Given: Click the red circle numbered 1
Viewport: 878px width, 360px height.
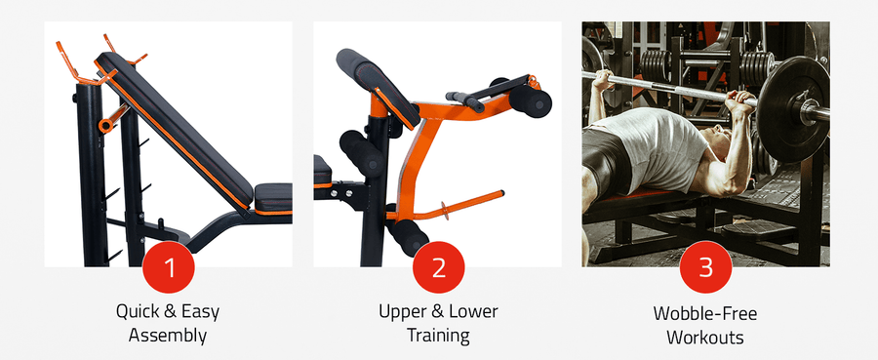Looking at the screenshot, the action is [x=169, y=267].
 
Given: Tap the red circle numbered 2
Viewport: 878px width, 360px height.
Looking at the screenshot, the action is [x=438, y=267].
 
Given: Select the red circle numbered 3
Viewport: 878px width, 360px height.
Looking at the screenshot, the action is [x=705, y=267].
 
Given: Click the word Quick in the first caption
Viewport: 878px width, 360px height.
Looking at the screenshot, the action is [x=135, y=311].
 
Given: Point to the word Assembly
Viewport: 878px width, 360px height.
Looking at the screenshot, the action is [x=168, y=336].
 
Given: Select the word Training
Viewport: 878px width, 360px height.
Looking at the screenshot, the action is [x=438, y=336].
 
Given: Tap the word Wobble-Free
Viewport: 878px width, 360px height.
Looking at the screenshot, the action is [x=705, y=313].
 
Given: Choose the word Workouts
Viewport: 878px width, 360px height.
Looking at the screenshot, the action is [x=705, y=337].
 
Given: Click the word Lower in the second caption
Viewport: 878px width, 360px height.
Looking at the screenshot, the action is [x=475, y=311].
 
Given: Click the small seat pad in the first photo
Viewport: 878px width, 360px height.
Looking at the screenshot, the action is [x=273, y=198].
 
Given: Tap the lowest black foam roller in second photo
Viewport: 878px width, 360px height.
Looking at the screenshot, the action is [x=408, y=236].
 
